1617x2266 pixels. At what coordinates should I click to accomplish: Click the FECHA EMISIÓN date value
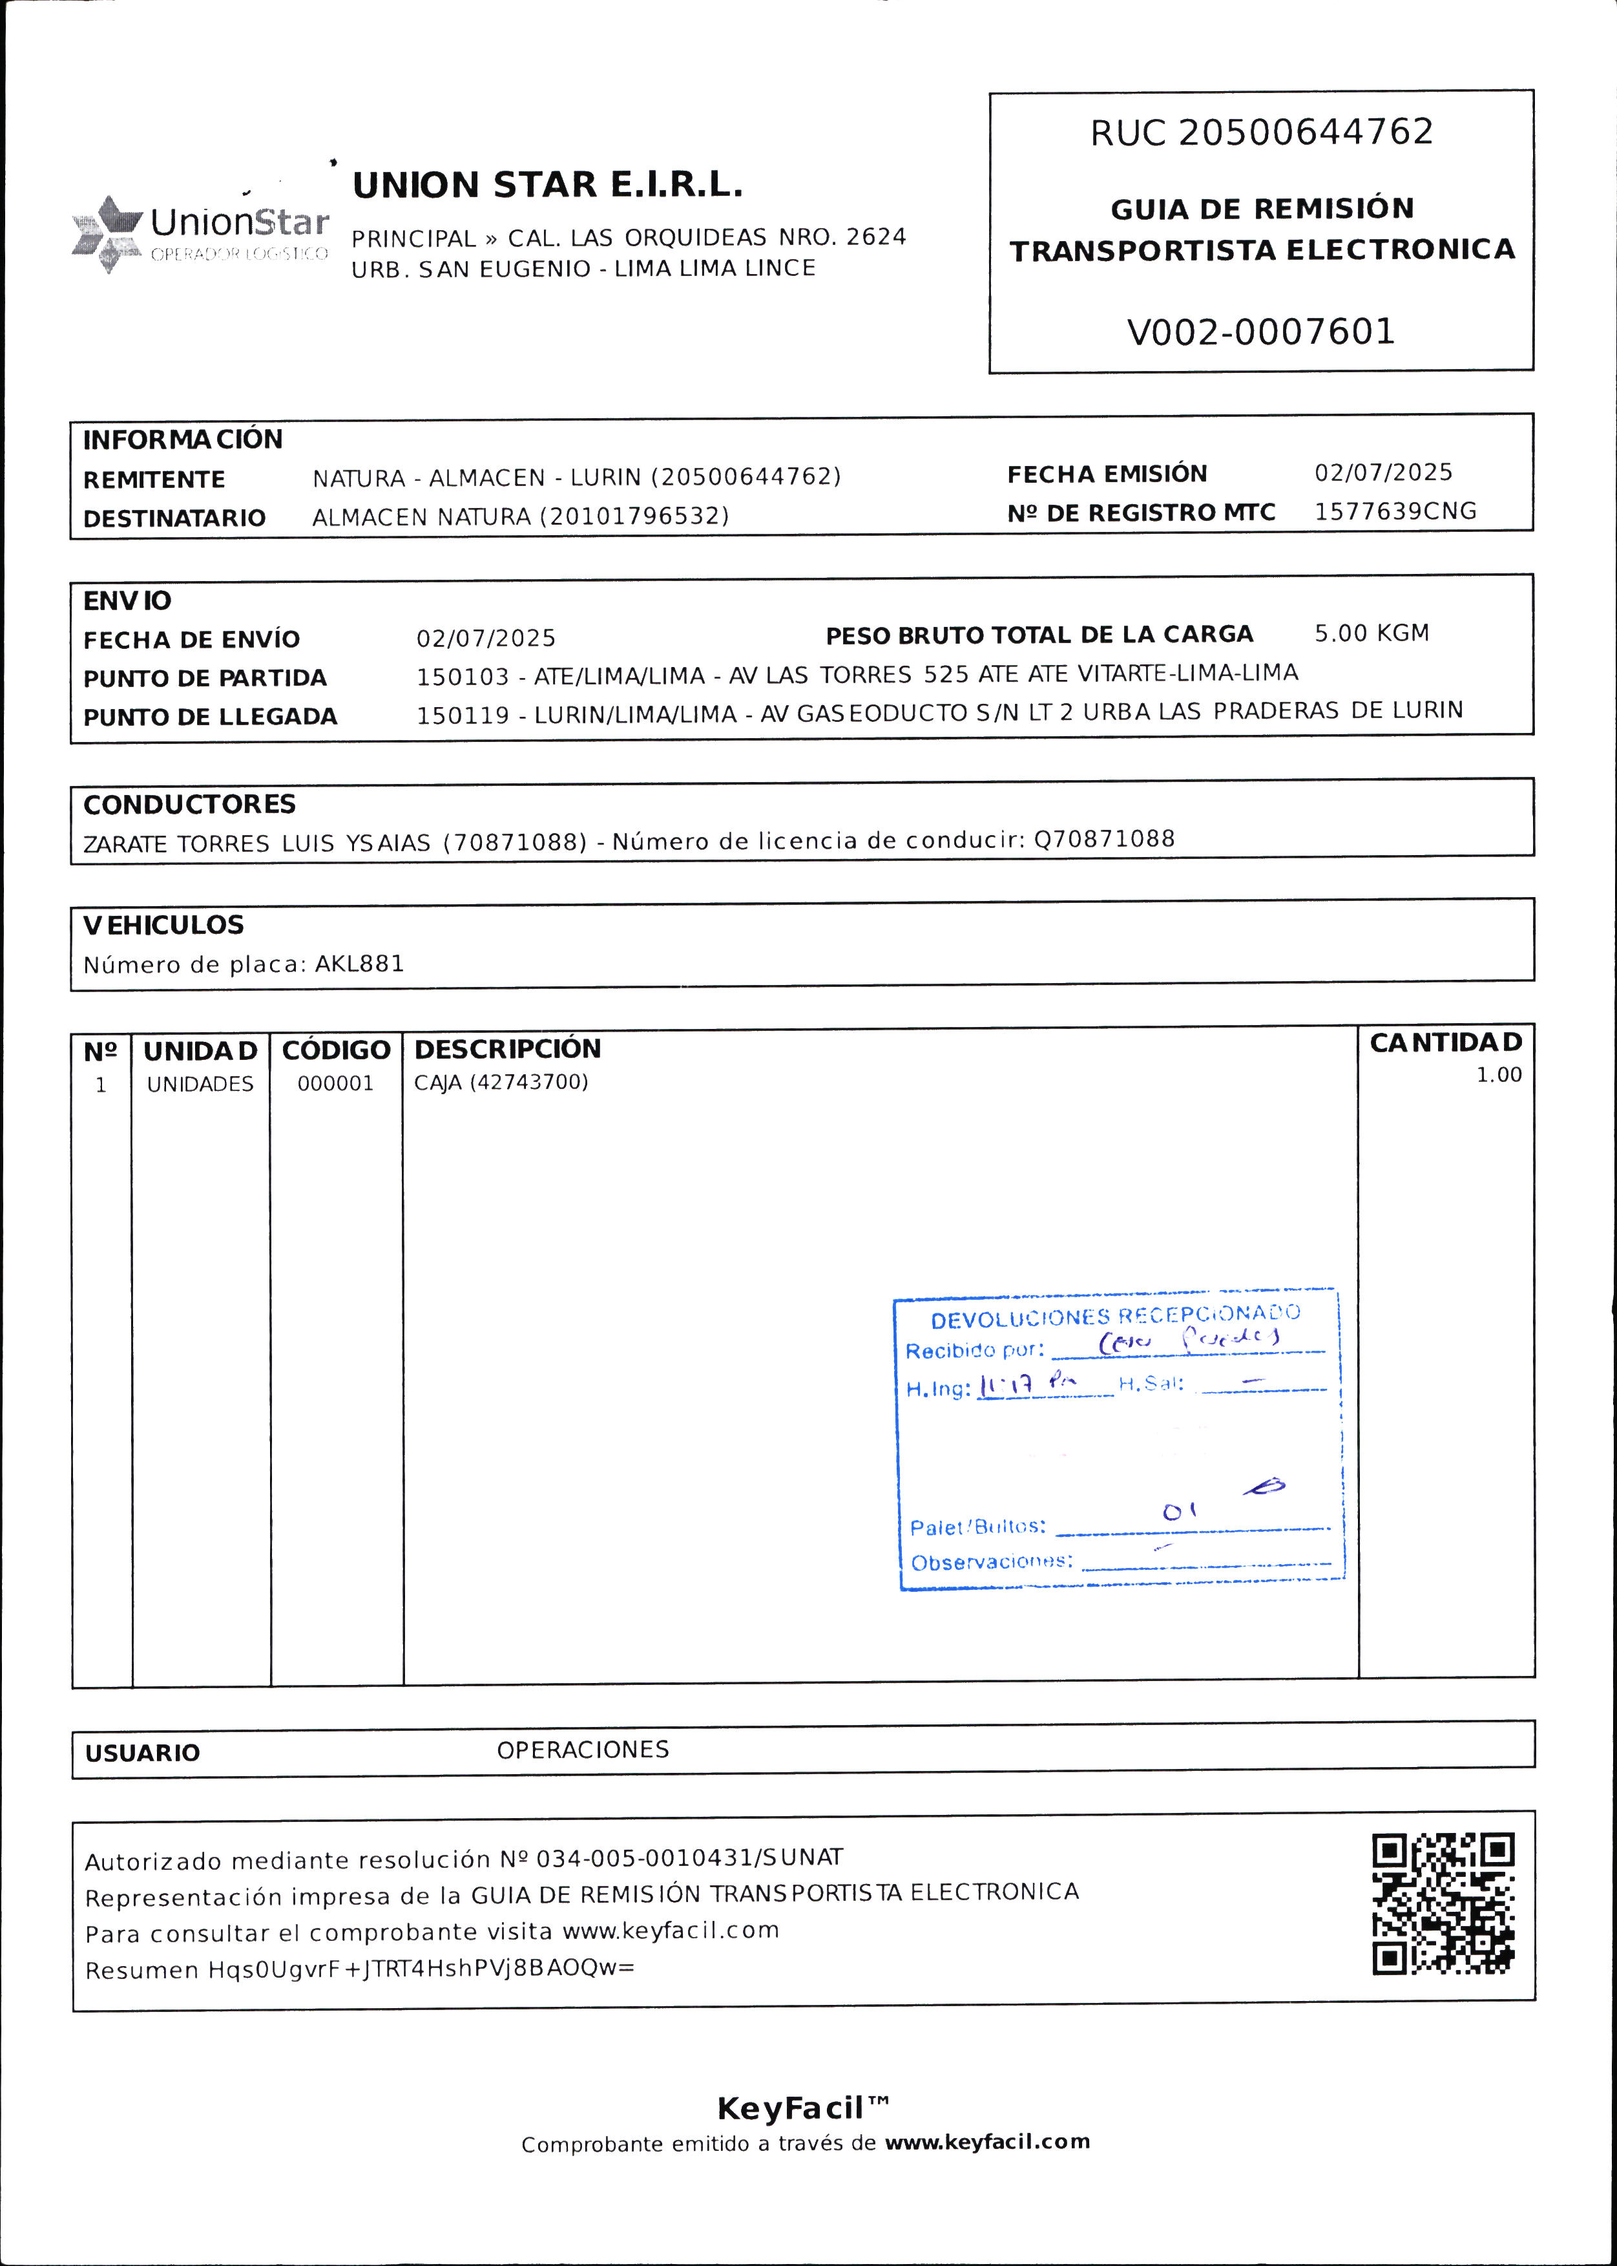pyautogui.click(x=1383, y=472)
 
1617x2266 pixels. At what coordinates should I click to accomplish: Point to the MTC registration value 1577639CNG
pyautogui.click(x=1395, y=511)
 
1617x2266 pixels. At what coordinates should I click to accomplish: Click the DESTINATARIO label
pyautogui.click(x=174, y=518)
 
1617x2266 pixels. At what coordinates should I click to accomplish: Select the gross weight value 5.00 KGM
pyautogui.click(x=1371, y=633)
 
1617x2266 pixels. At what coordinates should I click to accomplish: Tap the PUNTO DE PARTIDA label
pyautogui.click(x=204, y=678)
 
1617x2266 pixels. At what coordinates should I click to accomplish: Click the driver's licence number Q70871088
pyautogui.click(x=1104, y=839)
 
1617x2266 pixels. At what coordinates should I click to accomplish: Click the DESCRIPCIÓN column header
pyautogui.click(x=508, y=1049)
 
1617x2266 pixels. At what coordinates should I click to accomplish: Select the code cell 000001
pyautogui.click(x=335, y=1084)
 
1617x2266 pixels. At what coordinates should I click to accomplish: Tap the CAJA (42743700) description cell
pyautogui.click(x=501, y=1083)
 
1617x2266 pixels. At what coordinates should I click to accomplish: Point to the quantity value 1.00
pyautogui.click(x=1499, y=1075)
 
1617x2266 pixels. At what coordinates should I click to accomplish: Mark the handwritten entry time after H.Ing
pyautogui.click(x=1025, y=1384)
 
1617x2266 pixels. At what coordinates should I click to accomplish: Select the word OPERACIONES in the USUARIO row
pyautogui.click(x=583, y=1750)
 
